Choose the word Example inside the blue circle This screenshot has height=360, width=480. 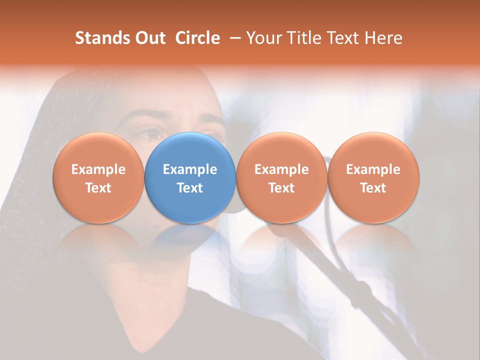pos(190,169)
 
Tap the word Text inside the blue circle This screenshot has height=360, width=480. pos(190,188)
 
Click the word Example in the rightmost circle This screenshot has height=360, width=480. pos(373,169)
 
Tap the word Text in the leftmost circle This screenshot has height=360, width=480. pos(98,188)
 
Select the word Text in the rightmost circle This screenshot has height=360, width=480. pos(373,188)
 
